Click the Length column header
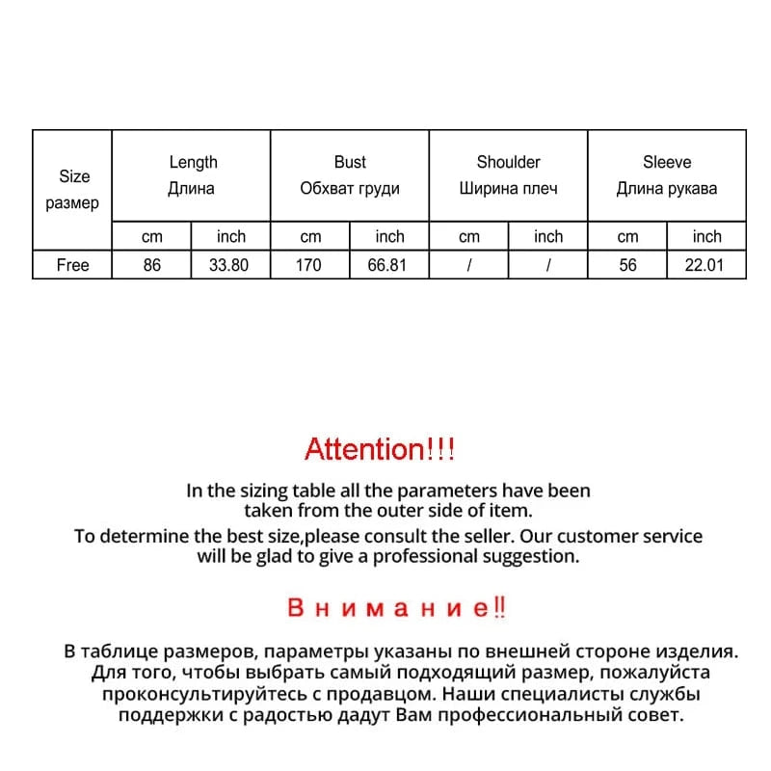[x=193, y=163]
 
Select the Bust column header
[x=350, y=163]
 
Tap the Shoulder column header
[x=508, y=163]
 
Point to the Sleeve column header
[x=667, y=163]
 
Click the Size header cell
[x=73, y=177]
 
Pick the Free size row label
[x=72, y=265]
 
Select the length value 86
[x=152, y=265]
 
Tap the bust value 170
[x=310, y=265]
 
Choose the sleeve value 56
[x=627, y=265]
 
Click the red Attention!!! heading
[x=379, y=448]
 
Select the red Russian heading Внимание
[x=396, y=608]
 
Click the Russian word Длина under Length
[x=192, y=189]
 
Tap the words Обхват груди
[x=350, y=189]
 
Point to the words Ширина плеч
[x=508, y=189]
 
